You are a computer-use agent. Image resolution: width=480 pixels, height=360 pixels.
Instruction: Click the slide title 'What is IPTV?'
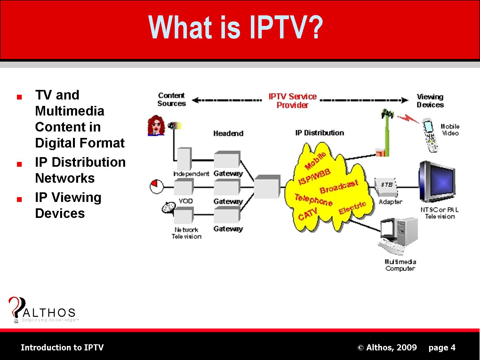point(236,28)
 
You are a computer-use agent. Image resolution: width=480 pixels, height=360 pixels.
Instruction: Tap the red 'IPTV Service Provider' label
point(292,101)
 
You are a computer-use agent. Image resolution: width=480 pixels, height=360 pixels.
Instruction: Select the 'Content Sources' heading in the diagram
point(172,100)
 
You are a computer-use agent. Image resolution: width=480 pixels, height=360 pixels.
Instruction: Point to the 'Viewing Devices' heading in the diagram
point(430,101)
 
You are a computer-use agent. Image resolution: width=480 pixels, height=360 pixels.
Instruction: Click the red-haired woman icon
point(156,125)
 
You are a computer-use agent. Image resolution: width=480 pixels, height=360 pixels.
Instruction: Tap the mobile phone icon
point(430,135)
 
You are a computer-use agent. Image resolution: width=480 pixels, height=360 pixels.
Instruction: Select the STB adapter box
point(387,188)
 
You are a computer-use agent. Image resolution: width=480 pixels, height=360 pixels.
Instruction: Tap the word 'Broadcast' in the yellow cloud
point(339,187)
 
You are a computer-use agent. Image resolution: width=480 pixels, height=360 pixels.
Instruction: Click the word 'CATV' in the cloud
point(308,214)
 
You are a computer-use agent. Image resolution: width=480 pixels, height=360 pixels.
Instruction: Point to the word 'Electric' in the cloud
point(352,208)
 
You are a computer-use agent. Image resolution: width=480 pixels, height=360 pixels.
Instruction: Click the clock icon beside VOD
point(157,187)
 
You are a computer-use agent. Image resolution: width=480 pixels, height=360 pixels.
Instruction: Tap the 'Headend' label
point(228,133)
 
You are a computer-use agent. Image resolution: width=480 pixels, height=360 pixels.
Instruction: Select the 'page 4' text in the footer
point(442,348)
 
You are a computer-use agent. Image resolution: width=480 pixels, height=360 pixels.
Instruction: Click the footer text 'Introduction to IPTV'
point(62,348)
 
